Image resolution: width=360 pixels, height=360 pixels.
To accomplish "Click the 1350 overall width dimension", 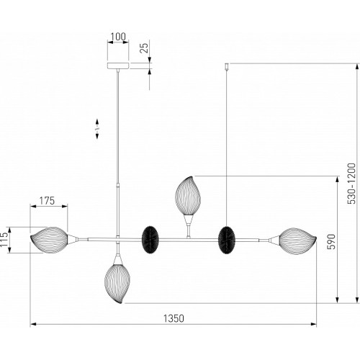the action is click(x=174, y=318).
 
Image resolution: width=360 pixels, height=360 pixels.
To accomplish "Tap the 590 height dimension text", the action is click(x=331, y=241).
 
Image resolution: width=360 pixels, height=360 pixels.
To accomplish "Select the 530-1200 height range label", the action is click(x=352, y=184).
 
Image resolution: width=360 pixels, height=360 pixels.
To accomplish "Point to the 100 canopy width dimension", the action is click(x=118, y=37).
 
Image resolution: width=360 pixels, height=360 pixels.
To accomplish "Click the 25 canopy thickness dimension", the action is click(x=144, y=48).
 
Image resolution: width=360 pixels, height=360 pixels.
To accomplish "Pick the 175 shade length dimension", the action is click(x=47, y=201).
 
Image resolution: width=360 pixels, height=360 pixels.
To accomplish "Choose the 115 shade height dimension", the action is click(x=4, y=239).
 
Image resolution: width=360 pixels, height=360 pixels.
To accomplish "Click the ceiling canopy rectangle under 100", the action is click(x=118, y=66).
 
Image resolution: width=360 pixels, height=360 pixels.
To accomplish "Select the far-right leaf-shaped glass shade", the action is click(x=297, y=240).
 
